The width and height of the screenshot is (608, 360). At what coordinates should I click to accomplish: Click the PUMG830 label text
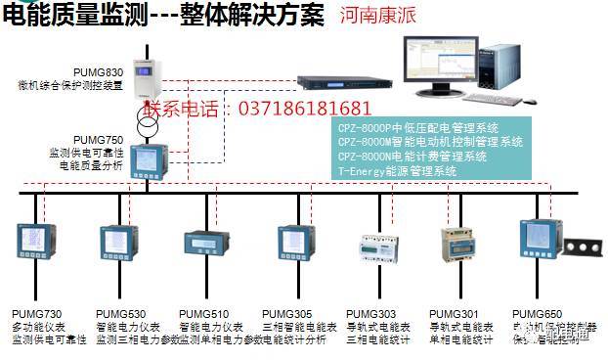click(102, 72)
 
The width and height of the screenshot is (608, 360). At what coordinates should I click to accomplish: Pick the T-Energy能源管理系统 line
click(397, 170)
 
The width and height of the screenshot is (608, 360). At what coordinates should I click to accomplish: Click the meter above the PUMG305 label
click(295, 242)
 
